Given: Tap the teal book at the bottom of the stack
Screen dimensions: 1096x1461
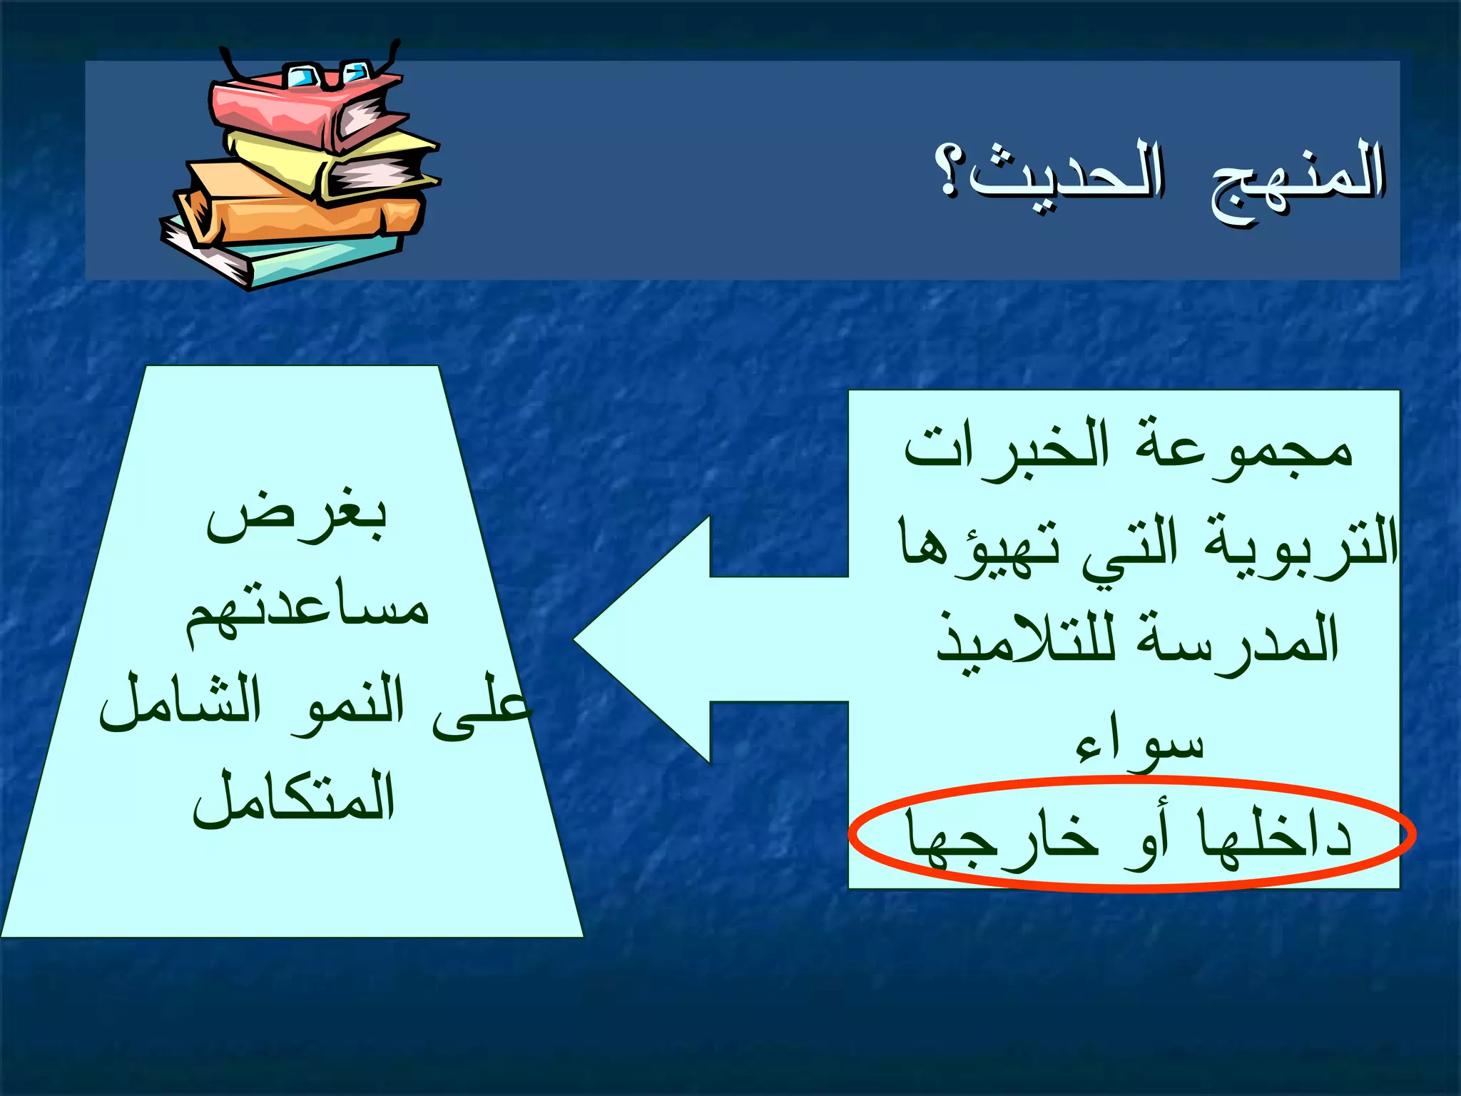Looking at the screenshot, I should pos(321,260).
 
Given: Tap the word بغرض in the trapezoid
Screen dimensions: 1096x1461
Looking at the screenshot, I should pos(297,517).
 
